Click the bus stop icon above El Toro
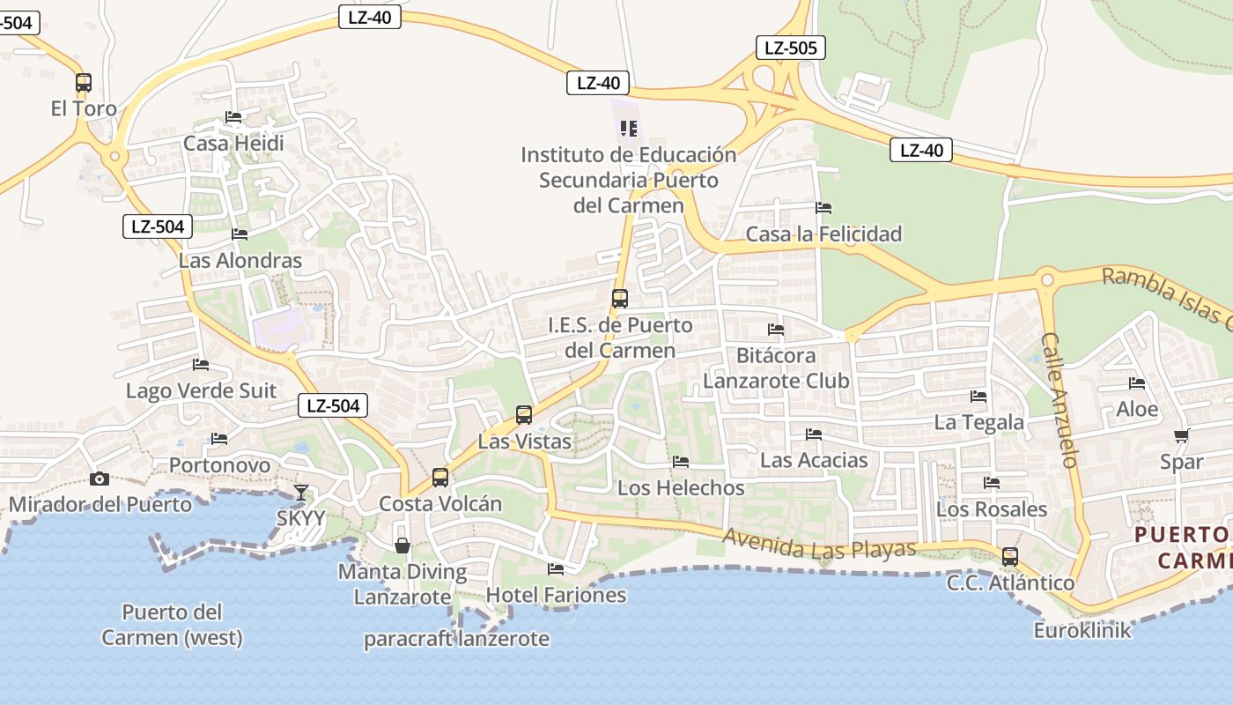[84, 83]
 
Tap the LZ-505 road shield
[790, 48]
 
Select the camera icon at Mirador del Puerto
[100, 479]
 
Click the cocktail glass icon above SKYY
[301, 493]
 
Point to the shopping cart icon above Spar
[1181, 436]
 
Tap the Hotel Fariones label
[556, 595]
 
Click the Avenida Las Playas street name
[819, 543]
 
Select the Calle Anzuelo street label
[1059, 399]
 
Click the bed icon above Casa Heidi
[233, 117]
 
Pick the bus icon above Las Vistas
[524, 415]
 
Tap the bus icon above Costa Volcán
[440, 478]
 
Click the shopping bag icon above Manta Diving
[402, 545]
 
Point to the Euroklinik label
[1082, 630]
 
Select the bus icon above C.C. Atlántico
[1010, 557]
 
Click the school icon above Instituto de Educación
[629, 129]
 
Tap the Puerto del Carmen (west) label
[172, 624]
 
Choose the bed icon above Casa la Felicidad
[823, 208]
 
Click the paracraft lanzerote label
[456, 639]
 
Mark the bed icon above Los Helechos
[681, 462]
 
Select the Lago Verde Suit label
[201, 390]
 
